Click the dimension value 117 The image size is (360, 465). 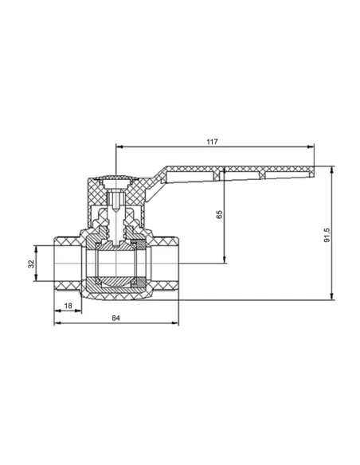coord(212,142)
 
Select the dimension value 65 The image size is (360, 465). coord(219,214)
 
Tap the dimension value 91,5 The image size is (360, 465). coord(327,236)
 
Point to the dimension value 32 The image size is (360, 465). coord(31,264)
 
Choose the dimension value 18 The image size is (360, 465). coord(68,306)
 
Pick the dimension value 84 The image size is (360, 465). coord(116,318)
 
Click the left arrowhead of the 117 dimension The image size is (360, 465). coord(119,147)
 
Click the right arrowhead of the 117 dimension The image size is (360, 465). coord(311,147)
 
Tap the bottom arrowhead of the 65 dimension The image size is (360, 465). coord(225,260)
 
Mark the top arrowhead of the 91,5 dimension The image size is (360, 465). coord(332,170)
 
